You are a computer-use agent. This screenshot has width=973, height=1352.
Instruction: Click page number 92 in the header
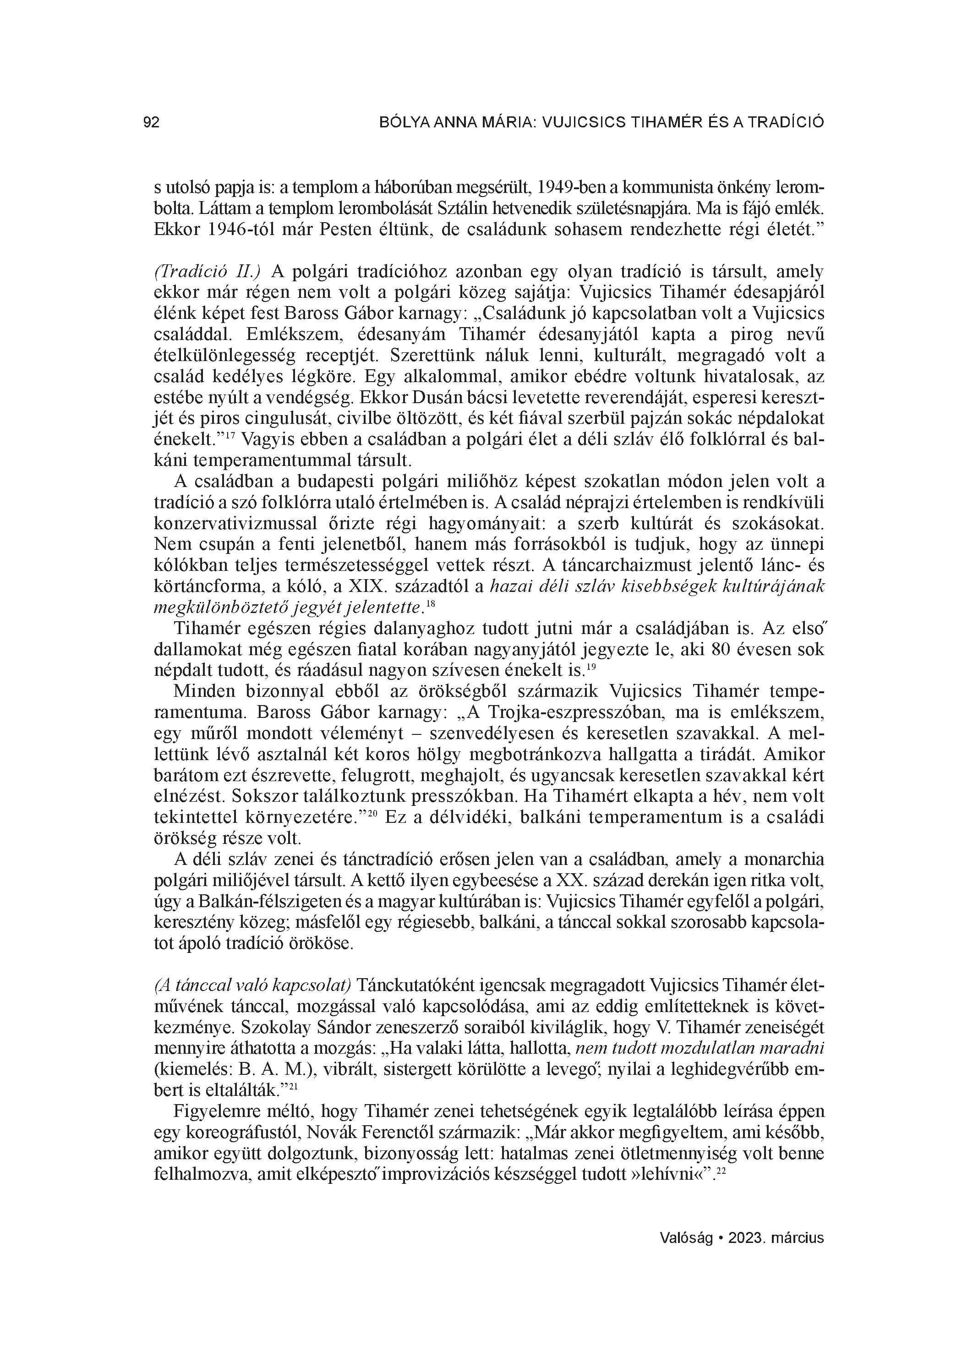click(x=152, y=123)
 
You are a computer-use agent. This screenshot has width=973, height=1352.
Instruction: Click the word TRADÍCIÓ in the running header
click(x=785, y=123)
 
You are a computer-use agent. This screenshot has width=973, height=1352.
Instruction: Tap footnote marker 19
click(x=591, y=668)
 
